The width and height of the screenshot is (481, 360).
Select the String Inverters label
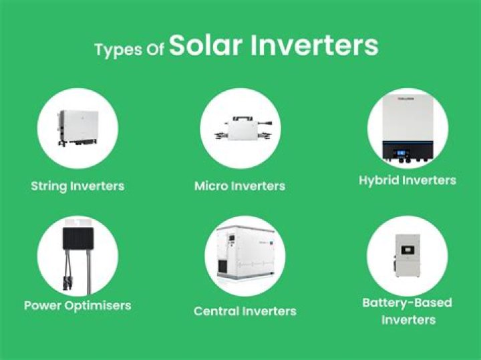point(77,186)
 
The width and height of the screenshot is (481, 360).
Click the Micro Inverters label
point(240,186)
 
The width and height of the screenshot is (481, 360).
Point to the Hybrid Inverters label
point(408,180)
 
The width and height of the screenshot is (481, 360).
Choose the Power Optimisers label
point(77,306)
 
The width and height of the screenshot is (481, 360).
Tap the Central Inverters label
point(245,311)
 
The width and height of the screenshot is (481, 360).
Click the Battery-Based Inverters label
point(408,311)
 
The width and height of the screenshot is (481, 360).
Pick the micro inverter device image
point(240,128)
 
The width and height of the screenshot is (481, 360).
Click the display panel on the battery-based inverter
point(407,252)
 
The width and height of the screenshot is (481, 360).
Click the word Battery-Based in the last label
point(408,303)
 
